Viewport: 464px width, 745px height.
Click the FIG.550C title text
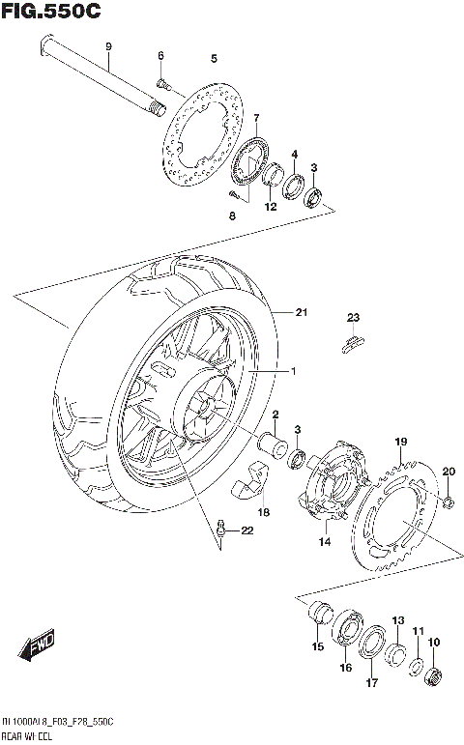click(x=51, y=13)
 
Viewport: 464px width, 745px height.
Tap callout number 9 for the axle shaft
click(x=108, y=46)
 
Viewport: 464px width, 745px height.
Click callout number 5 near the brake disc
click(x=214, y=58)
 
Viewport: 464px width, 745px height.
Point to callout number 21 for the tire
click(x=301, y=312)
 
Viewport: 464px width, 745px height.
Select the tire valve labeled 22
click(x=222, y=528)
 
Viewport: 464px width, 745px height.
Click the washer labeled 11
click(x=415, y=667)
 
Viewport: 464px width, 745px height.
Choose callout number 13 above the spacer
click(x=397, y=620)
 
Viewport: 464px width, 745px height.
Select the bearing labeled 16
click(x=346, y=635)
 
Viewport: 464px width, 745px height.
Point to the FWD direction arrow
click(x=39, y=647)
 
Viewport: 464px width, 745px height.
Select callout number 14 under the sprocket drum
click(x=325, y=542)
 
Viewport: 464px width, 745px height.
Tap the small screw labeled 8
click(x=233, y=193)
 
